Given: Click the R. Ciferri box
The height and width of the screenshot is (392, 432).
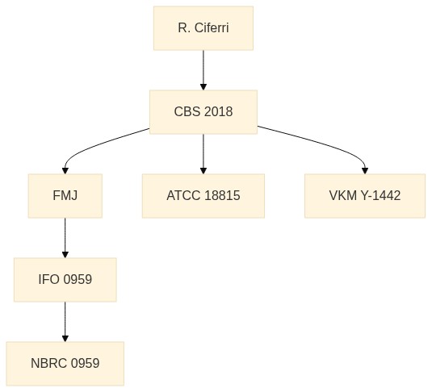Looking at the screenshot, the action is click(x=203, y=28).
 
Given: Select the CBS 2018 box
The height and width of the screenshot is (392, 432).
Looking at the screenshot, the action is click(x=203, y=112).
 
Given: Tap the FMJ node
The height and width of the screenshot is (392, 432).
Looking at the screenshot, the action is click(x=65, y=196).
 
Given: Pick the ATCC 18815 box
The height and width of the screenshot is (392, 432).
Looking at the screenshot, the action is click(x=203, y=196).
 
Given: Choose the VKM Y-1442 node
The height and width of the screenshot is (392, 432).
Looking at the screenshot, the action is click(x=365, y=196).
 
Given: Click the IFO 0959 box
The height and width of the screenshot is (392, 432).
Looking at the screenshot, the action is click(x=65, y=280).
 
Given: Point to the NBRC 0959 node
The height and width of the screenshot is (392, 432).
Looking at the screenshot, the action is click(x=65, y=364).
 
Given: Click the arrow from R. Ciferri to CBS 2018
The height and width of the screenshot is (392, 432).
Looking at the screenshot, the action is click(x=203, y=70).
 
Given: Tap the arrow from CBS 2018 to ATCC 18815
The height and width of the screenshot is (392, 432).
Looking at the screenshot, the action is click(x=203, y=154).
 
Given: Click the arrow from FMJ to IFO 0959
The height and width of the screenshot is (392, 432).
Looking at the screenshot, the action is click(x=65, y=238).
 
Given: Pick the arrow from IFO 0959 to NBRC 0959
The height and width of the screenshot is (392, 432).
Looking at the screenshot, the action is click(x=65, y=322).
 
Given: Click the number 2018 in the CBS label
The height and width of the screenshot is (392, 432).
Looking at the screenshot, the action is click(x=219, y=112).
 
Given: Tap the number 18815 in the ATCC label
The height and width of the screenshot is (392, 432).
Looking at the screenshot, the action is click(x=222, y=196).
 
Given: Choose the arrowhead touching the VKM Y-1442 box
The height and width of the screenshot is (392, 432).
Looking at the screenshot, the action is click(x=365, y=171).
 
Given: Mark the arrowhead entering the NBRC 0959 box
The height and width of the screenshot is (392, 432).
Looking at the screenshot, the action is click(x=65, y=339).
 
